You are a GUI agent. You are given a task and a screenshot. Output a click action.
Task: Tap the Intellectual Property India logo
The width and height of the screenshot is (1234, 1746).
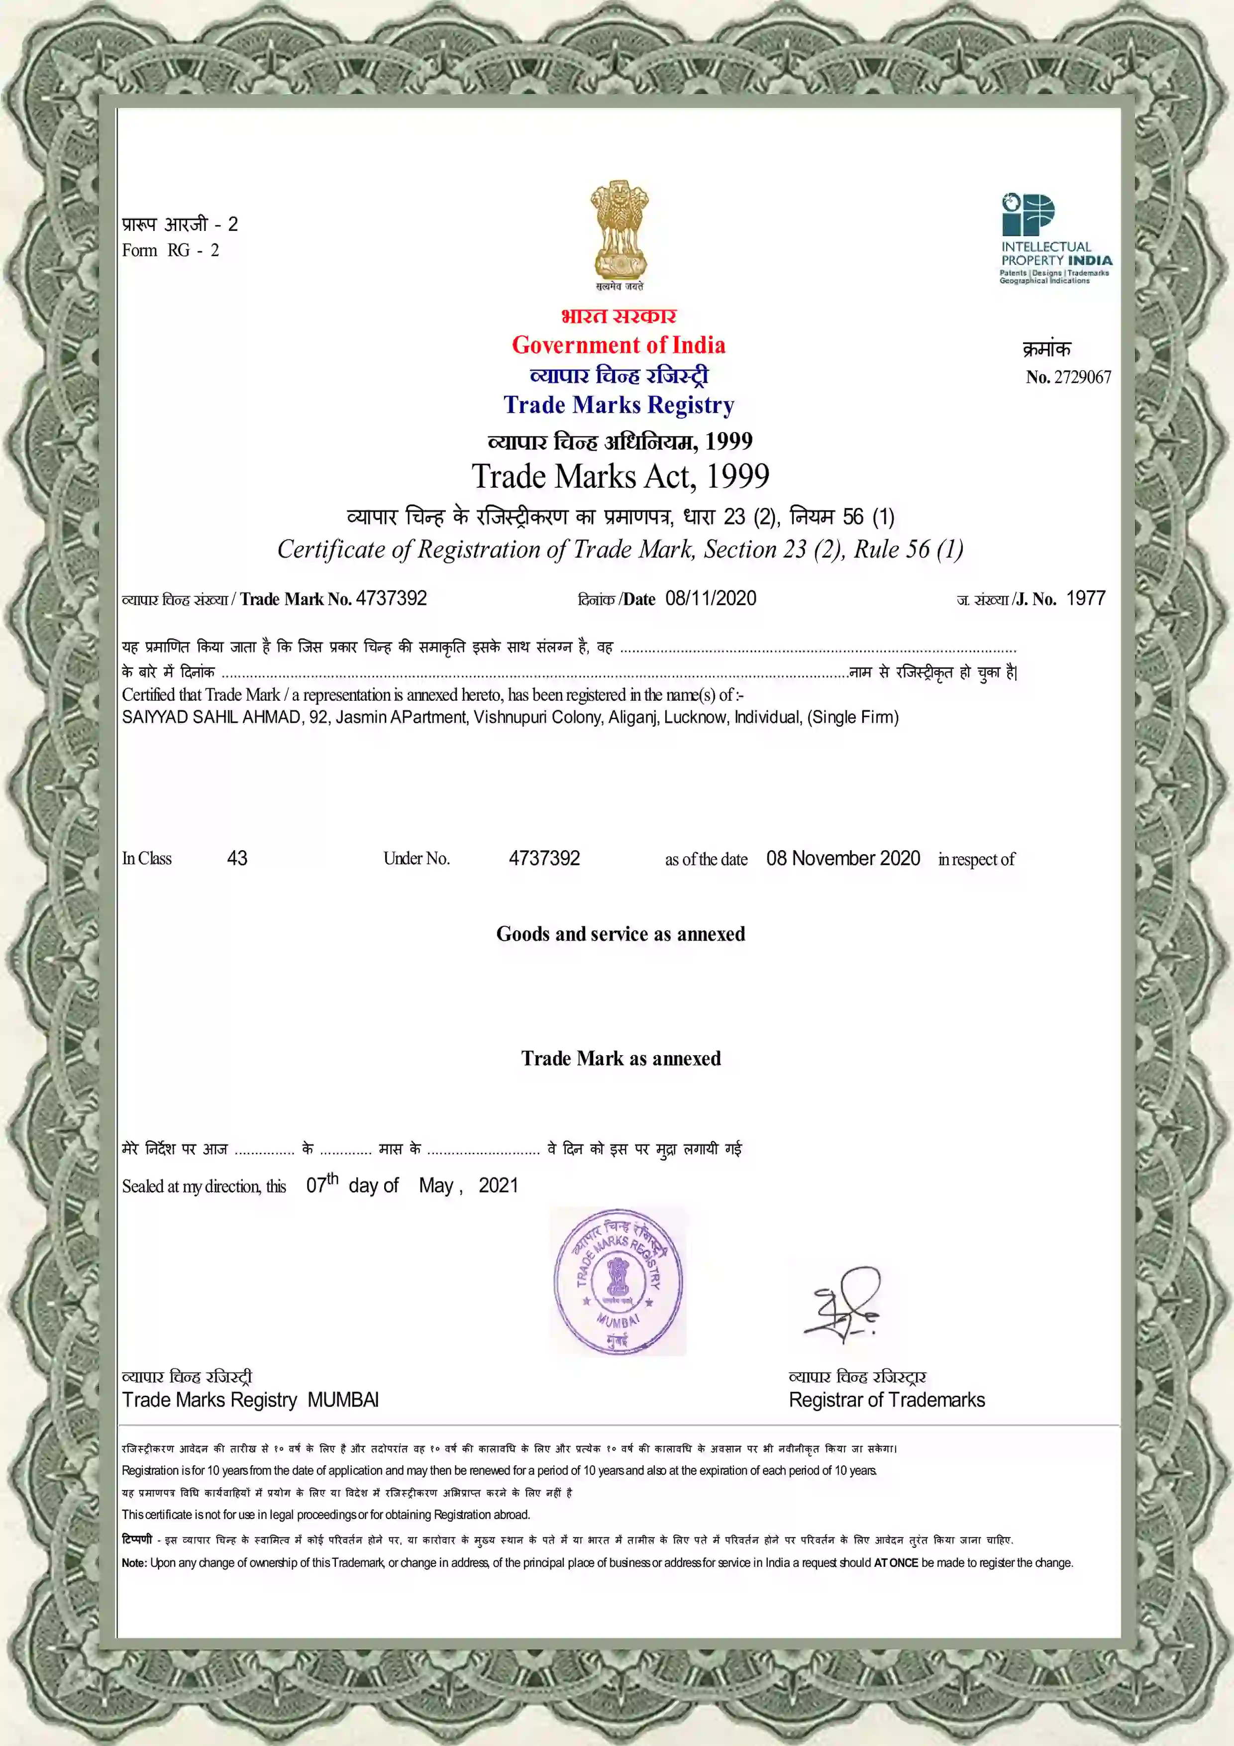pos(1055,238)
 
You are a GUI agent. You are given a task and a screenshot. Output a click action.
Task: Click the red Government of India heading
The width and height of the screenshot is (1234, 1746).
pos(618,345)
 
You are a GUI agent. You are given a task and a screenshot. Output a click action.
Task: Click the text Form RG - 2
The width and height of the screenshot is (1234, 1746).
pos(170,251)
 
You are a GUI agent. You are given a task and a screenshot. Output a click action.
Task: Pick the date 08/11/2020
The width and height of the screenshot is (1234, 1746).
pos(711,598)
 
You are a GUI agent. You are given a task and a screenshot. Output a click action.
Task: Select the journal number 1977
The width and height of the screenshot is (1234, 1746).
pos(1086,598)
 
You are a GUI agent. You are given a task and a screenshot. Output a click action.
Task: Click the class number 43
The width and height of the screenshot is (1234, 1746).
pos(237,859)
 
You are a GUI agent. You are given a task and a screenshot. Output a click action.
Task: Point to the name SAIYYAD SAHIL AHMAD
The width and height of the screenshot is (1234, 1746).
pos(211,717)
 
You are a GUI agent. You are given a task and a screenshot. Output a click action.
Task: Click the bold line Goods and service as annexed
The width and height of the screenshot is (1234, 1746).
pos(620,934)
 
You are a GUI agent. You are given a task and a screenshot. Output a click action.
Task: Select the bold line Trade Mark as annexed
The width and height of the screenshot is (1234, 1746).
pos(620,1059)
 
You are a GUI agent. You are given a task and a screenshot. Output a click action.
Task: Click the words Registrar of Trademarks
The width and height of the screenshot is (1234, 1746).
pos(887,1400)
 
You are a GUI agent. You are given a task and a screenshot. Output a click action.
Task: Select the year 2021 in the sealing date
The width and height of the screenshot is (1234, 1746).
pos(498,1186)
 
